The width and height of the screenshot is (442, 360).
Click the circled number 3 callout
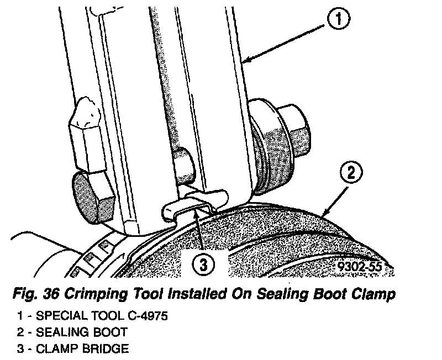[204, 264]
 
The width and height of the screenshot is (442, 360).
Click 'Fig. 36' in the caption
[30, 295]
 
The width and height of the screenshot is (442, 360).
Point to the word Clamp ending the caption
[373, 295]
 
